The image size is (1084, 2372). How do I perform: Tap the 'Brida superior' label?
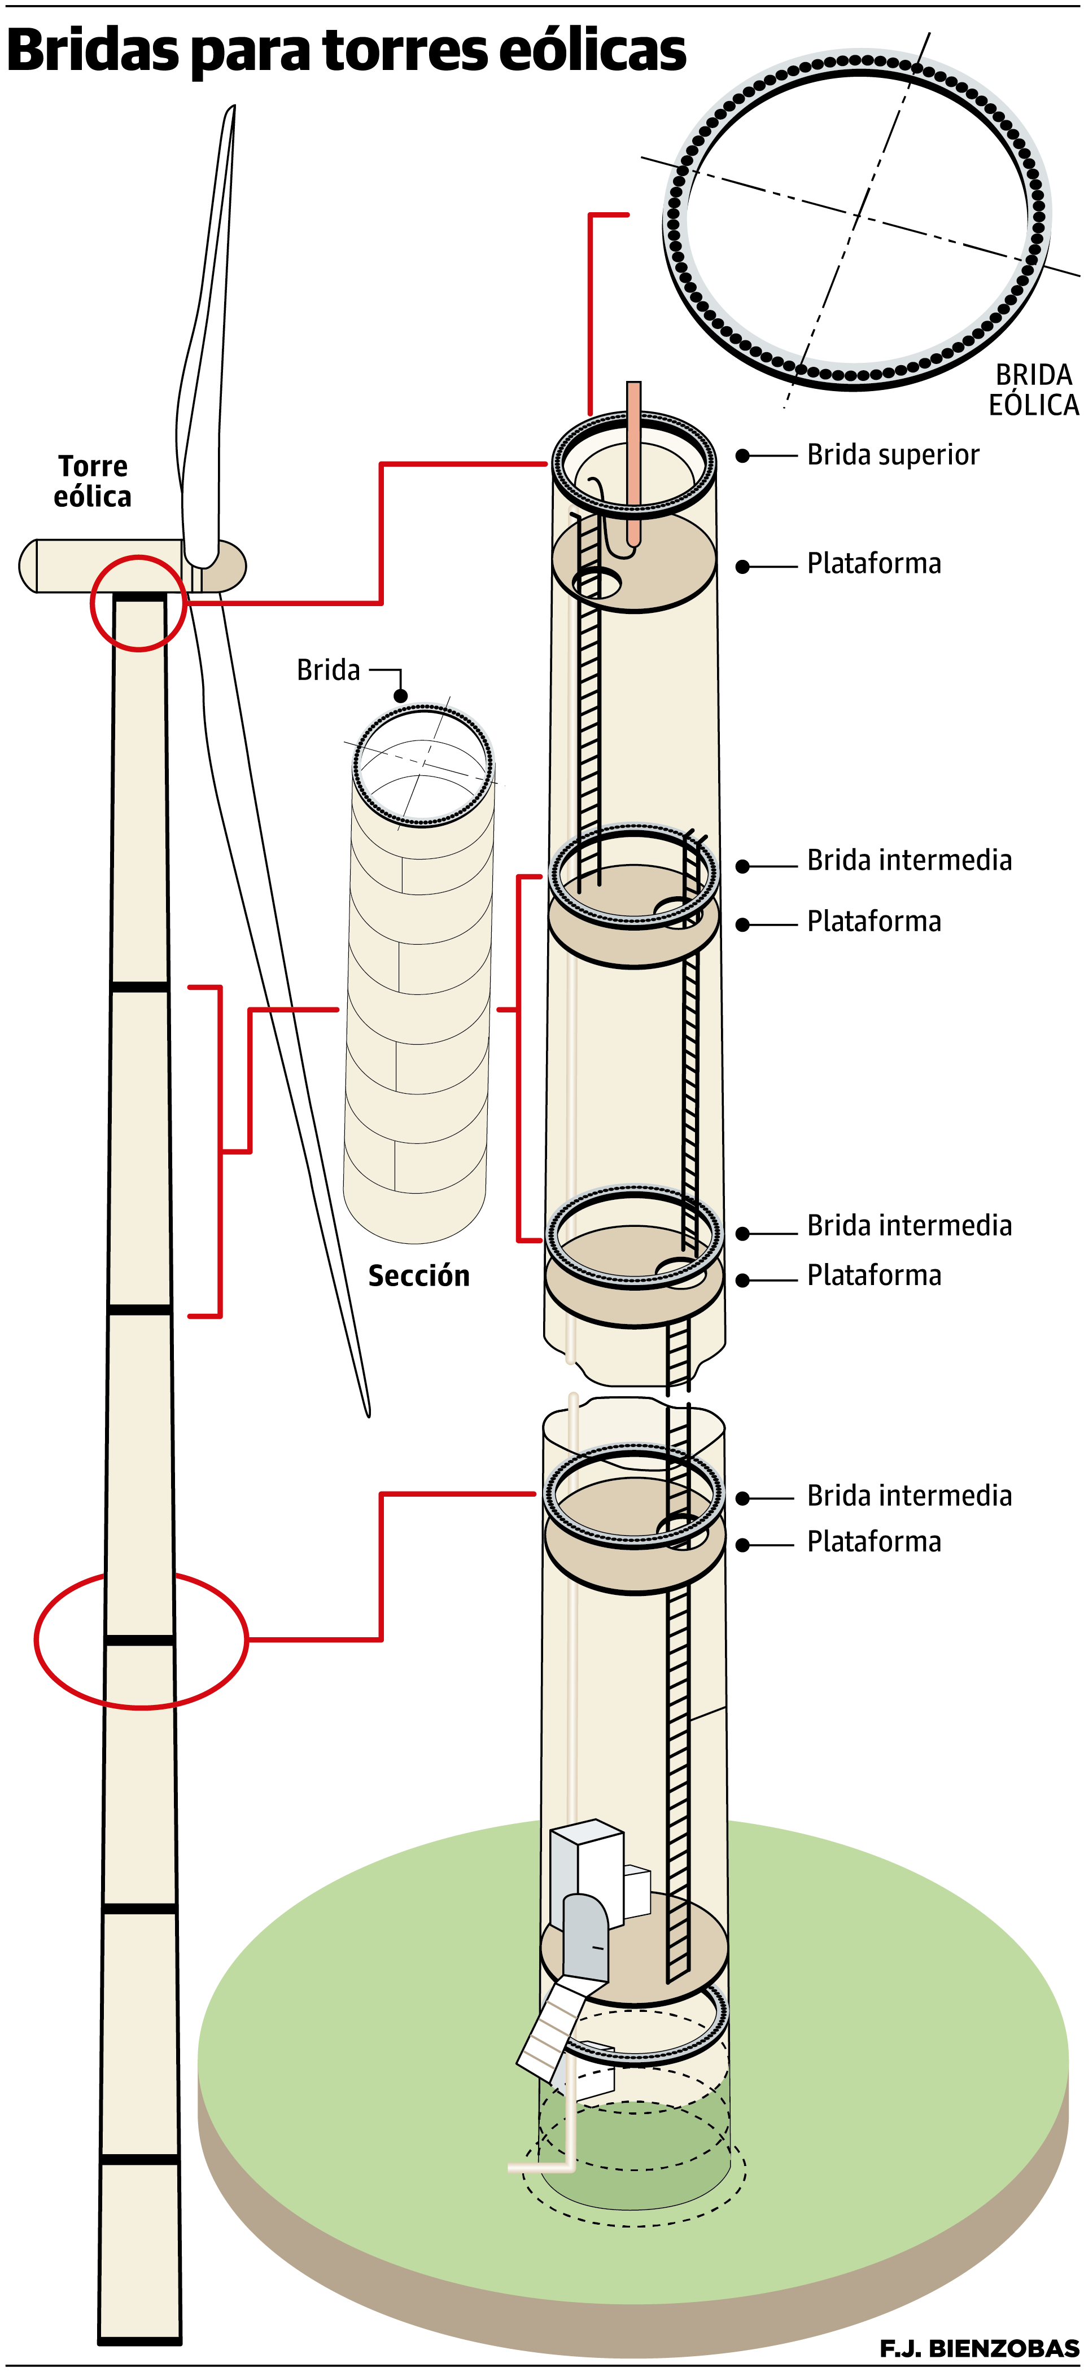[893, 455]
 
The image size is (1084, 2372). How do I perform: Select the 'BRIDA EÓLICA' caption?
[1033, 391]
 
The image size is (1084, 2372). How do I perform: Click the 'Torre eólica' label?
[92, 481]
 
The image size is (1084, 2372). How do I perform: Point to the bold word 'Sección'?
[419, 1275]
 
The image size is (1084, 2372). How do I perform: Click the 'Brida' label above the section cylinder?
[328, 670]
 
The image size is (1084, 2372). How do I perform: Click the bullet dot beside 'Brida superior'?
[742, 456]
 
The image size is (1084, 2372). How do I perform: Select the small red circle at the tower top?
[138, 603]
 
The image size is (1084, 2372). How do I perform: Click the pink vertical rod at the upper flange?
[633, 461]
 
